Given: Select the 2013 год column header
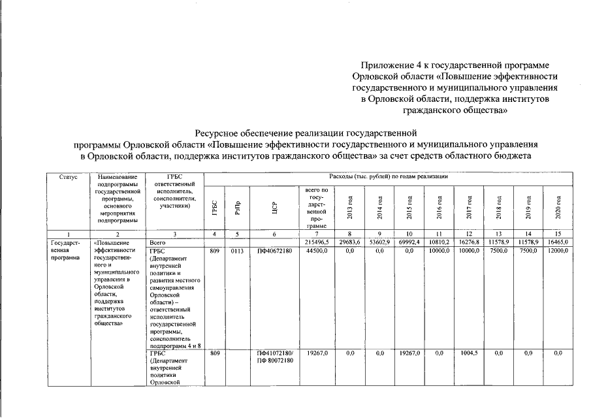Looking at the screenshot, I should pyautogui.click(x=350, y=206).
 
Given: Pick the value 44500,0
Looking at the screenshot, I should pyautogui.click(x=316, y=250).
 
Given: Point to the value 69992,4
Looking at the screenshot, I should pyautogui.click(x=409, y=242).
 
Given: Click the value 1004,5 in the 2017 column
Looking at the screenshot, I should pyautogui.click(x=470, y=353).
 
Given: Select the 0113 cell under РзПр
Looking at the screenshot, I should pyautogui.click(x=237, y=250).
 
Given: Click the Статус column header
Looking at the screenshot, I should pyautogui.click(x=68, y=177).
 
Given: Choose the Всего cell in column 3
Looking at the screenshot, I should pyautogui.click(x=160, y=242).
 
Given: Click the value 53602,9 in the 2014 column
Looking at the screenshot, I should pyautogui.click(x=379, y=242).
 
